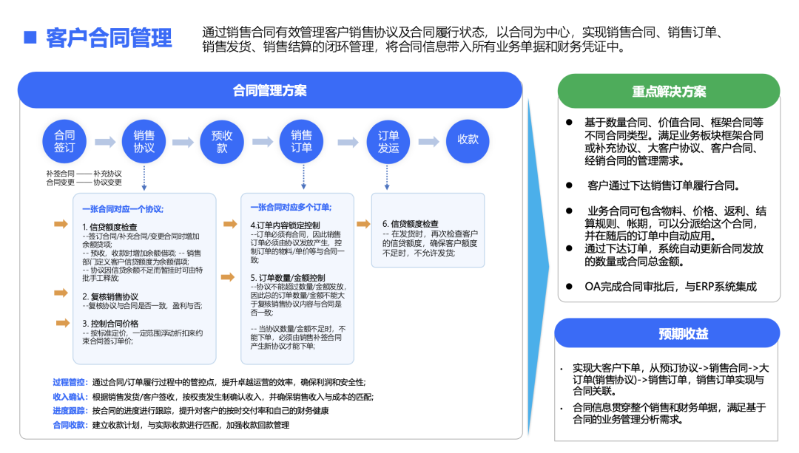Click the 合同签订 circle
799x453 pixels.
point(64,141)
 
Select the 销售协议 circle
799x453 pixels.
point(144,141)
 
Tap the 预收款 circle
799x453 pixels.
point(222,141)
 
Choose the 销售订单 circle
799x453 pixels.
point(301,141)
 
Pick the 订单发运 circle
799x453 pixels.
point(388,141)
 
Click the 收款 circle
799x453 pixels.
point(468,140)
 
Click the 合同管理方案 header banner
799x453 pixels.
point(270,90)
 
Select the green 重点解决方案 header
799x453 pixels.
point(668,92)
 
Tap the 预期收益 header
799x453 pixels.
point(668,334)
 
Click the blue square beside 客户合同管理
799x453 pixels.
point(30,37)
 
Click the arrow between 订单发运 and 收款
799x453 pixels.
point(428,141)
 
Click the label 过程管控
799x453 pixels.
point(70,382)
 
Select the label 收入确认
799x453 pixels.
point(70,397)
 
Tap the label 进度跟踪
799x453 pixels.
point(70,411)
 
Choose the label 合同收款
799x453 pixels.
point(70,425)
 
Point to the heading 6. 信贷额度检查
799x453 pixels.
point(410,223)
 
